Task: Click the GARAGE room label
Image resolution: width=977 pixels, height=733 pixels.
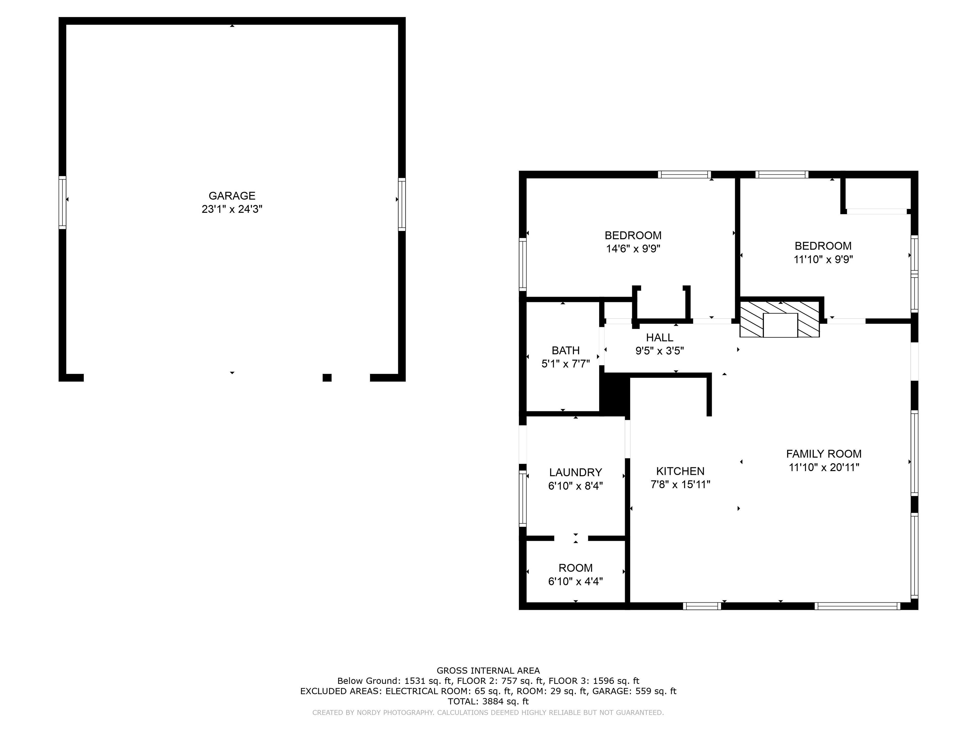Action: click(232, 196)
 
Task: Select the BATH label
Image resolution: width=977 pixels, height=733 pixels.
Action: click(566, 351)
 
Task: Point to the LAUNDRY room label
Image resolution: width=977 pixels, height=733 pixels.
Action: click(576, 472)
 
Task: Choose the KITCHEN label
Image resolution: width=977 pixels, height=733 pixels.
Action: click(680, 471)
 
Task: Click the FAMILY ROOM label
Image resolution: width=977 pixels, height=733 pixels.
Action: click(824, 454)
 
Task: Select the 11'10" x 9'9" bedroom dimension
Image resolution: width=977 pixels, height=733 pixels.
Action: click(823, 259)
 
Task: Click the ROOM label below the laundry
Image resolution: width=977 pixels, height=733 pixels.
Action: click(576, 568)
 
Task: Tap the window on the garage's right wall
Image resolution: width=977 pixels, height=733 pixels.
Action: click(401, 204)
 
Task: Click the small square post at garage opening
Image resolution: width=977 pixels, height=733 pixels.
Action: click(327, 377)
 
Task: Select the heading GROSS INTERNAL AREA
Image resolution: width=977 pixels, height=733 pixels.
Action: click(488, 670)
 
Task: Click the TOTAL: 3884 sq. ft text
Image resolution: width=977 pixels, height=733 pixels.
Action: click(488, 701)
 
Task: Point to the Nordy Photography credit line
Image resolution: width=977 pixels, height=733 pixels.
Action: click(488, 712)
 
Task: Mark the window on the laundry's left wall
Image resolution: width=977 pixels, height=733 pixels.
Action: click(523, 498)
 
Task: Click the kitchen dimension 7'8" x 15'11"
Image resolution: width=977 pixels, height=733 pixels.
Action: click(680, 485)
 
